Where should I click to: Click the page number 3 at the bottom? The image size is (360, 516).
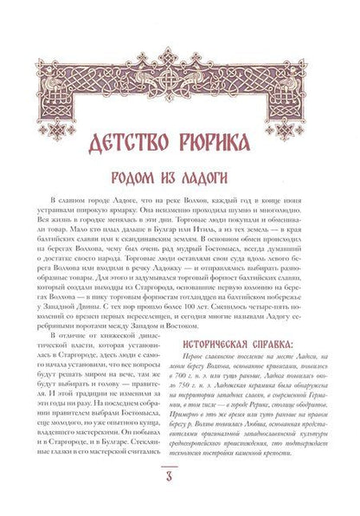pos(180,481)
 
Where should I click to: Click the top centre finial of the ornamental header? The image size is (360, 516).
pos(180,52)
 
